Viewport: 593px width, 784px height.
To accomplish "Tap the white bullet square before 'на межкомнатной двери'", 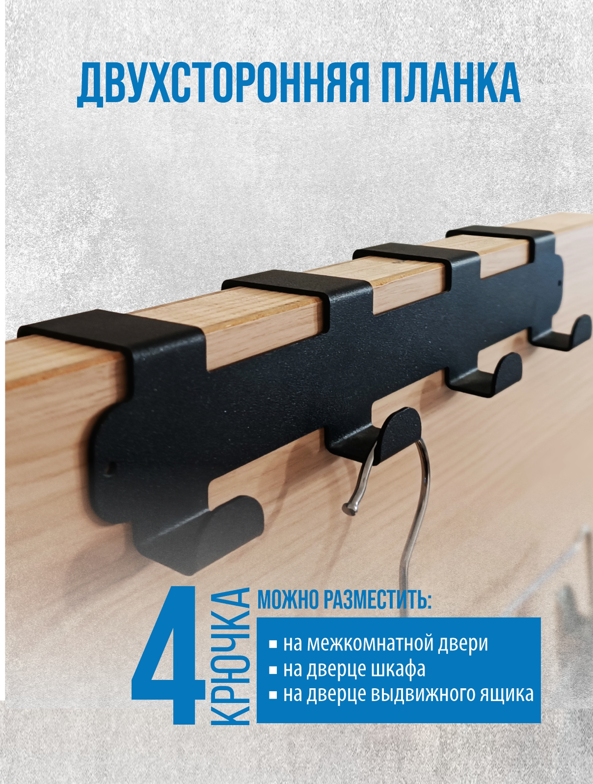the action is pyautogui.click(x=273, y=646).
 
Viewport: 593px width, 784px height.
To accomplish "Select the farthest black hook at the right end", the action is pyautogui.click(x=561, y=334).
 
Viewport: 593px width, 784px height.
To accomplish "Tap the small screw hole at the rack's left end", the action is pyautogui.click(x=112, y=466).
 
